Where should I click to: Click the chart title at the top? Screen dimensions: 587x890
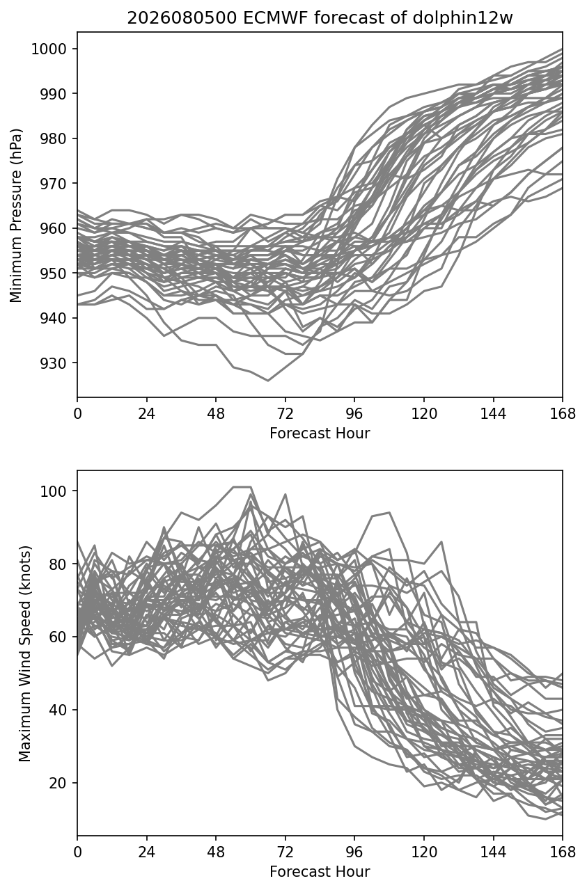(x=320, y=18)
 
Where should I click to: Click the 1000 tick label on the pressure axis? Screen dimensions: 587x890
(x=49, y=49)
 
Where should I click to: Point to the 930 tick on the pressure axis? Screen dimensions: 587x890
(x=53, y=363)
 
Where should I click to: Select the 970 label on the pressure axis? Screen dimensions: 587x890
(x=53, y=184)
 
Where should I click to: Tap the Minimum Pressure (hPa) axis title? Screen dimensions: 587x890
(x=16, y=215)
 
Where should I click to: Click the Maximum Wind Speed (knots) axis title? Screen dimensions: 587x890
(x=25, y=653)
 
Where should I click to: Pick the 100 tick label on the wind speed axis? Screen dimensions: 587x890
(x=53, y=491)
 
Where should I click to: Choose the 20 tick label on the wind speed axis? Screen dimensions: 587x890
(x=58, y=783)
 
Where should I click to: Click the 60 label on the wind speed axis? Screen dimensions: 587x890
(x=58, y=637)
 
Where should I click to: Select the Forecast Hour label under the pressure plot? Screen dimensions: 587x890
(x=320, y=433)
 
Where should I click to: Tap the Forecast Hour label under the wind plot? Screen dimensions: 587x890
(x=320, y=872)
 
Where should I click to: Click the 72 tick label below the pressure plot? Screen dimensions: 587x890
(x=285, y=414)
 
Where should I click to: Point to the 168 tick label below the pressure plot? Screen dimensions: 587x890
(x=563, y=414)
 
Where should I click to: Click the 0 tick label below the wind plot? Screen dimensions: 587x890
(x=77, y=852)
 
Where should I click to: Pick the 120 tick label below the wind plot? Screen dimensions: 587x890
(x=424, y=852)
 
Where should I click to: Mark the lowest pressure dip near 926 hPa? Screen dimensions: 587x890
(x=268, y=381)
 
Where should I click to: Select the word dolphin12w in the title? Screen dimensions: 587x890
(x=462, y=18)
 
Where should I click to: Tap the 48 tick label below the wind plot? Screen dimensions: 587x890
(x=216, y=852)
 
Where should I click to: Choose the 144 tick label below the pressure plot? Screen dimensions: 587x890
(x=493, y=414)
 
